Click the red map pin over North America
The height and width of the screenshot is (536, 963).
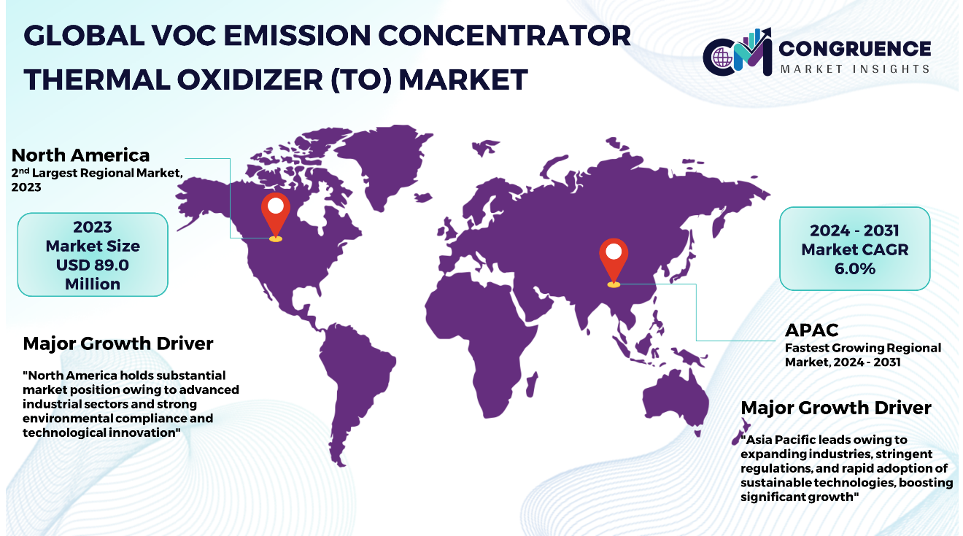point(276,216)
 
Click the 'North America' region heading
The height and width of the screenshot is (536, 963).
point(80,155)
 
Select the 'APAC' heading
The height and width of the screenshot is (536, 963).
point(812,330)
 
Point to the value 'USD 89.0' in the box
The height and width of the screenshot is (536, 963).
point(93,265)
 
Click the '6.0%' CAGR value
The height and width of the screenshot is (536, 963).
point(855,268)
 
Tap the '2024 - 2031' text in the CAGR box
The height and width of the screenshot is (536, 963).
point(855,231)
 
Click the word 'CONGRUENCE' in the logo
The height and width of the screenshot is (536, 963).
point(855,49)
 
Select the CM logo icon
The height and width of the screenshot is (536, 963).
point(738,52)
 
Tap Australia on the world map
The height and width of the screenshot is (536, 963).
point(675,397)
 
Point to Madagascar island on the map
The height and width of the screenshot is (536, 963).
point(531,385)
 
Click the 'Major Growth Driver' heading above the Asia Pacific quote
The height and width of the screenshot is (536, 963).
point(836,408)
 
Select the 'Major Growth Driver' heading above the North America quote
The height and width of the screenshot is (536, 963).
point(117,343)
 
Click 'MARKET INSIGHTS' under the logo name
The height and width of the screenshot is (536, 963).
point(855,69)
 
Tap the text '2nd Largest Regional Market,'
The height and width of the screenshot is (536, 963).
point(97,173)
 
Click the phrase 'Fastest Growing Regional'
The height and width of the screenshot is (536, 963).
point(863,348)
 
